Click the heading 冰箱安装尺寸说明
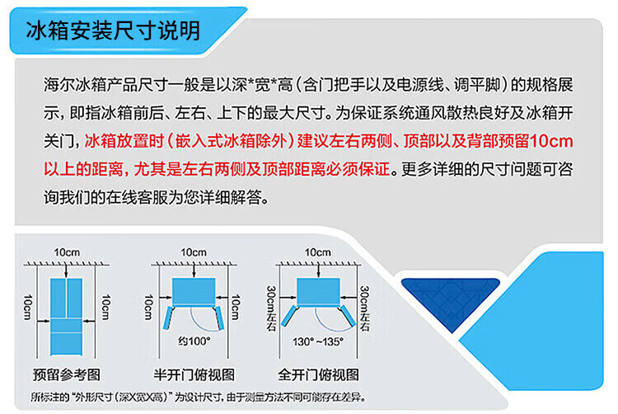coord(114,31)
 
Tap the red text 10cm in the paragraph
coord(551,141)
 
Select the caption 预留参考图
coord(67,374)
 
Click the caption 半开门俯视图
coord(194,374)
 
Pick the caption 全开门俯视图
coord(318,374)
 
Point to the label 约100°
coord(194,341)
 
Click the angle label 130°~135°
coord(318,341)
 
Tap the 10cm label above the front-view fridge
coord(67,252)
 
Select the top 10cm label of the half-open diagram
coord(194,252)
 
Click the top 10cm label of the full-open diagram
coord(318,252)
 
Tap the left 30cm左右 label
coord(272,308)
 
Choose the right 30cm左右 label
coord(364,308)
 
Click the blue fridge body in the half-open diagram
coord(194,291)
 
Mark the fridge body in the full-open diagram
coord(318,291)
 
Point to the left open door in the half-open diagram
coord(168,318)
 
